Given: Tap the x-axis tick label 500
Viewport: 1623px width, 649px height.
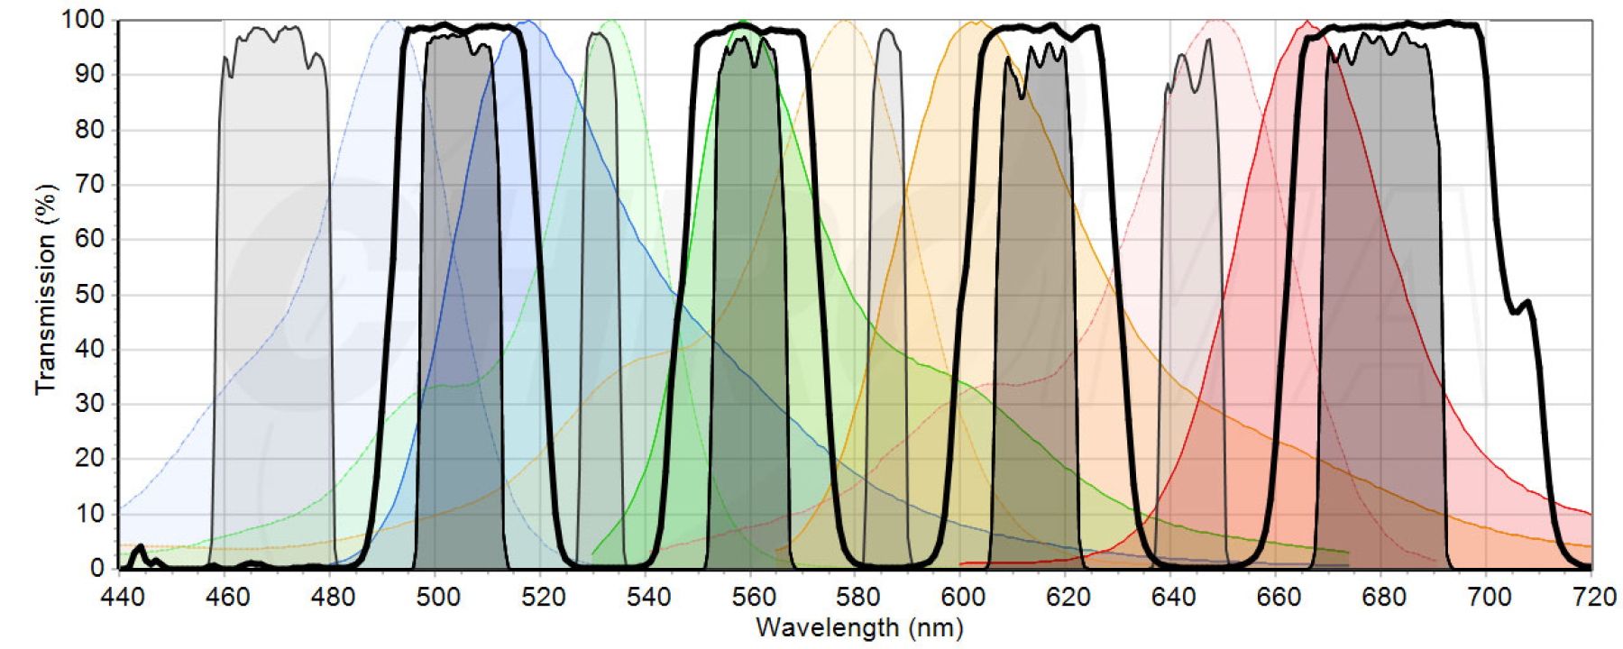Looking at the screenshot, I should pyautogui.click(x=437, y=597).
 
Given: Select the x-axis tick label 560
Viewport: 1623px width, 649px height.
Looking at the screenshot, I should pyautogui.click(x=753, y=597).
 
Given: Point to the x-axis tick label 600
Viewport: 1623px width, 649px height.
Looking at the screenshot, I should pyautogui.click(x=963, y=597).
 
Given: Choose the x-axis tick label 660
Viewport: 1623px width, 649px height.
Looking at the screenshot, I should pyautogui.click(x=1279, y=597).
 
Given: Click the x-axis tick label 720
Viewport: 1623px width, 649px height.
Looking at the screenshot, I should pyautogui.click(x=1593, y=597).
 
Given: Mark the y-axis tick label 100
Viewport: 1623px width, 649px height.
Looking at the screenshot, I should pyautogui.click(x=83, y=19).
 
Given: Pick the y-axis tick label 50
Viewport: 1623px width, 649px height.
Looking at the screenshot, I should pyautogui.click(x=89, y=294).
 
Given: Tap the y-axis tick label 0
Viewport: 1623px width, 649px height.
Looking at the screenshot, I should pyautogui.click(x=97, y=568).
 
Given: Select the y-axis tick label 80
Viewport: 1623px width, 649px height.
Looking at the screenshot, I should pyautogui.click(x=89, y=129).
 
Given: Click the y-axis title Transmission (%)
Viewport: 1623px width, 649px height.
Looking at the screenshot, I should pyautogui.click(x=45, y=288).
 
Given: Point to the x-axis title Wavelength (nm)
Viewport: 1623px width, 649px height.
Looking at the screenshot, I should pyautogui.click(x=858, y=627).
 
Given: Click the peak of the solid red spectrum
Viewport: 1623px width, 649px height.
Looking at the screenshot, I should pyautogui.click(x=1307, y=22).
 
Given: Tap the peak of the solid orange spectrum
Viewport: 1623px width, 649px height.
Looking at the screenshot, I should pyautogui.click(x=977, y=22).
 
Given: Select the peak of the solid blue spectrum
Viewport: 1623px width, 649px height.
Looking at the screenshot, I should pyautogui.click(x=528, y=22).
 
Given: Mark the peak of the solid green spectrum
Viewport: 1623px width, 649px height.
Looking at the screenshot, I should pyautogui.click(x=741, y=22).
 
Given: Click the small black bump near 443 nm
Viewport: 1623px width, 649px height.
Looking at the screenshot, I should pyautogui.click(x=138, y=547).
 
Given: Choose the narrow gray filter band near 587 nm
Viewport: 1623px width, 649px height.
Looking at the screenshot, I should pyautogui.click(x=888, y=270).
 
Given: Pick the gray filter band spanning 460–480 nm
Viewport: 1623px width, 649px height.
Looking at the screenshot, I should pyautogui.click(x=272, y=270).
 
